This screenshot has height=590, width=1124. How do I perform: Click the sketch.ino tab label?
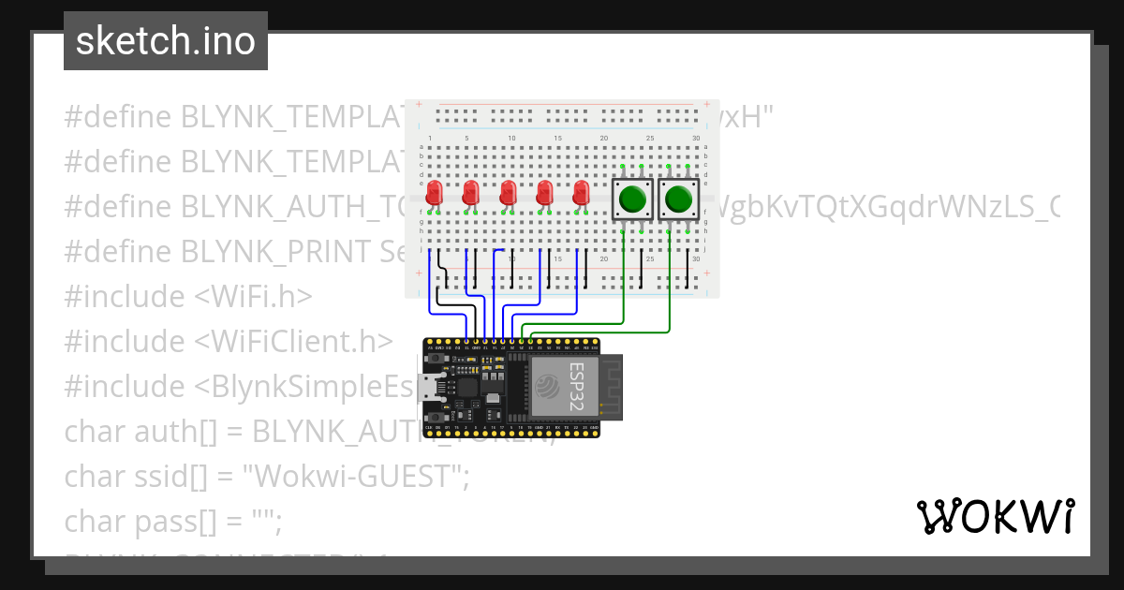point(165,41)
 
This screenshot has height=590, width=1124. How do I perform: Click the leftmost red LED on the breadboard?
point(434,194)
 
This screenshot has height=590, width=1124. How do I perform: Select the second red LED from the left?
point(470,194)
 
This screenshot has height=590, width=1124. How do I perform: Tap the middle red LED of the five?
point(508,194)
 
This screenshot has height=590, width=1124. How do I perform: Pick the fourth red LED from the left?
point(544,194)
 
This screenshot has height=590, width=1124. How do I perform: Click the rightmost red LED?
point(581,194)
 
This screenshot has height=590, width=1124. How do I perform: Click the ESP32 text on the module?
point(578,385)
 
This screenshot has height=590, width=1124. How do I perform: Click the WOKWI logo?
point(995,516)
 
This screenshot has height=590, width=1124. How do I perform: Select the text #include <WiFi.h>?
point(187,296)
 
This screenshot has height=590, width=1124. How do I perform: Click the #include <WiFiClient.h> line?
point(228,341)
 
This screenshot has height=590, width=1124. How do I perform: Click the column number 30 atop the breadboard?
point(696,139)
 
